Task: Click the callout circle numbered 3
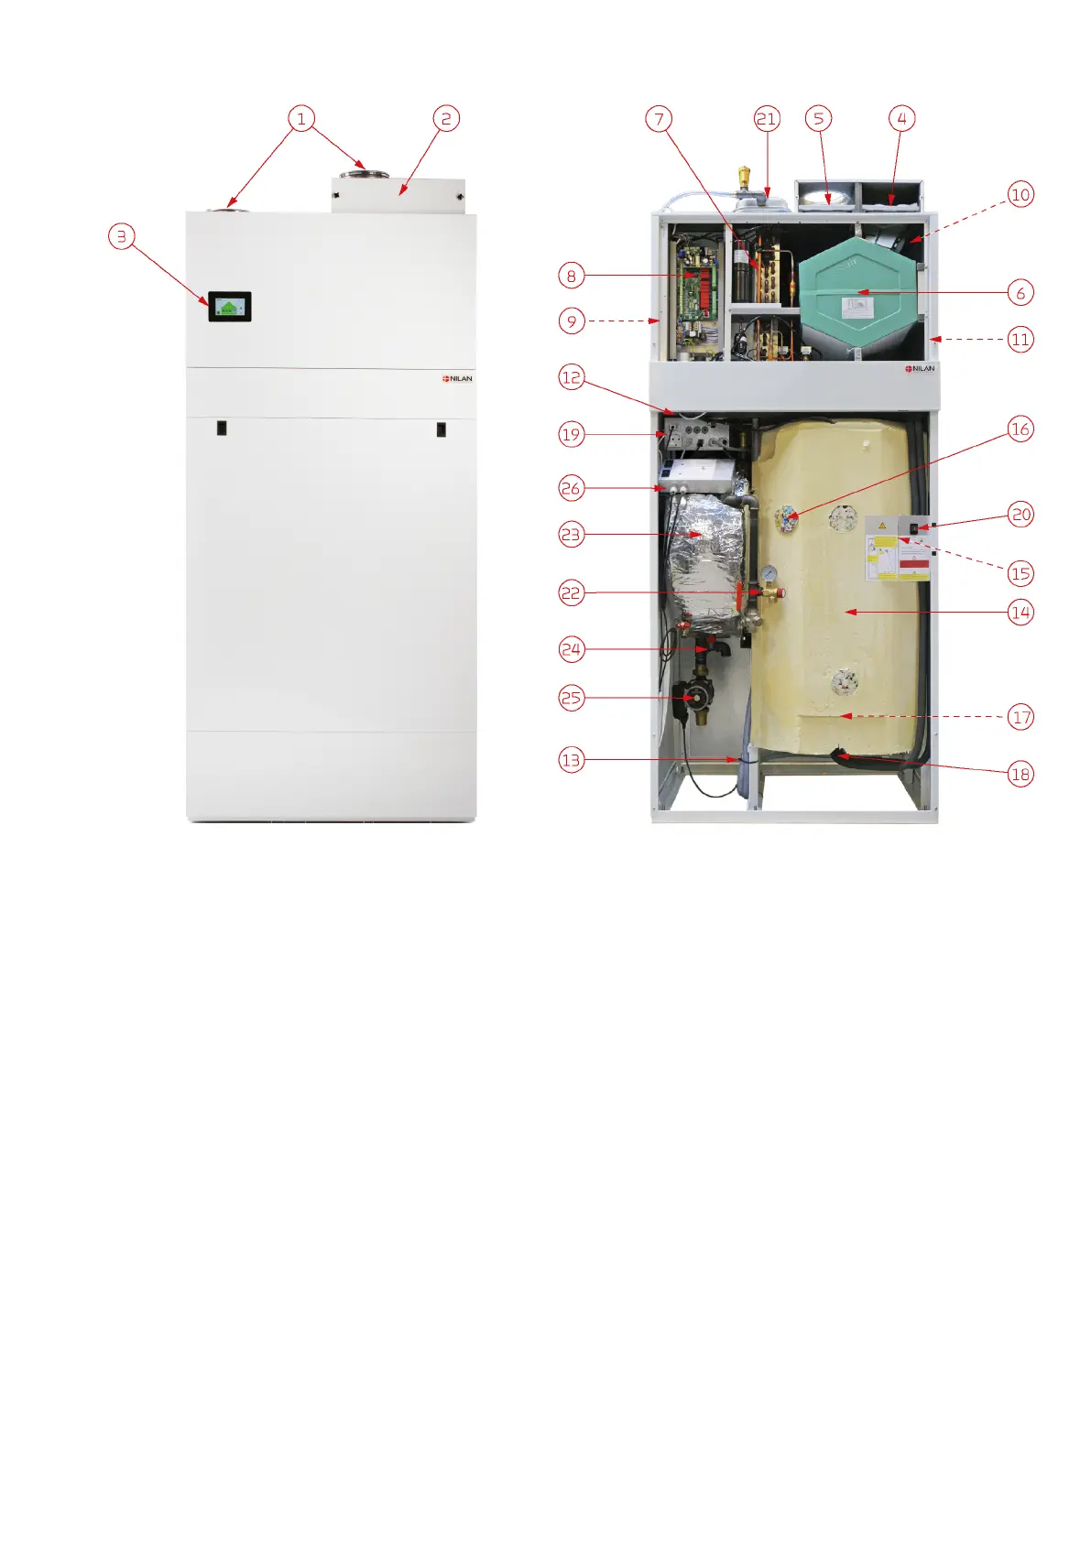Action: click(x=122, y=236)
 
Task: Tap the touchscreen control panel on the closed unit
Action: click(x=229, y=307)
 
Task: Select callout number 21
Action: click(x=766, y=118)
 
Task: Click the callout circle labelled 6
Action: click(x=1020, y=293)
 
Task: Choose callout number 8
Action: click(x=572, y=276)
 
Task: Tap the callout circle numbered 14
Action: click(x=1020, y=613)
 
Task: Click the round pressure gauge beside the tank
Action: click(x=769, y=574)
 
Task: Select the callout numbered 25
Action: click(x=572, y=698)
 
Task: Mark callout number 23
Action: click(x=572, y=535)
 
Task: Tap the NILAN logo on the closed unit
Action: click(x=458, y=378)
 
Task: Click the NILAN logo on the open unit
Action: click(x=921, y=368)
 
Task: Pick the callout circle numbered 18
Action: click(x=1020, y=774)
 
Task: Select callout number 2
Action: click(x=446, y=118)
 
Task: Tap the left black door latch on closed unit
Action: click(x=222, y=428)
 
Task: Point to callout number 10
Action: click(x=1020, y=194)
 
